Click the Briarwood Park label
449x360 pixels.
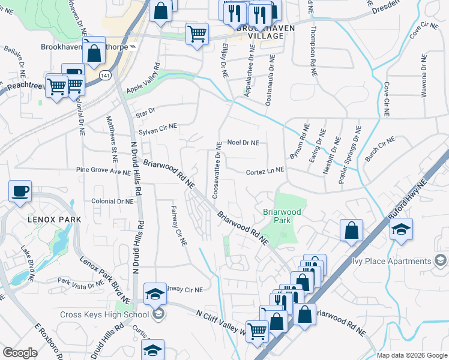(277, 215)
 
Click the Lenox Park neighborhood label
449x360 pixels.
(53, 220)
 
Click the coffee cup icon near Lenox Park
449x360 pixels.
(20, 191)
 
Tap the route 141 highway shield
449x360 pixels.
(106, 76)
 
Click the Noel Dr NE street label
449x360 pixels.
(243, 143)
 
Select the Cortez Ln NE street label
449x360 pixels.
(265, 172)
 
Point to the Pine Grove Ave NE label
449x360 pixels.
(103, 171)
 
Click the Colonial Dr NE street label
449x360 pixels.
(112, 202)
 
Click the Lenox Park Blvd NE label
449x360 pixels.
(105, 278)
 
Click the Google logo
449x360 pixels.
(20, 353)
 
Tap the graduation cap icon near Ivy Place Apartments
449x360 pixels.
(400, 229)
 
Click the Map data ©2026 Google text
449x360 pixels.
(412, 355)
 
